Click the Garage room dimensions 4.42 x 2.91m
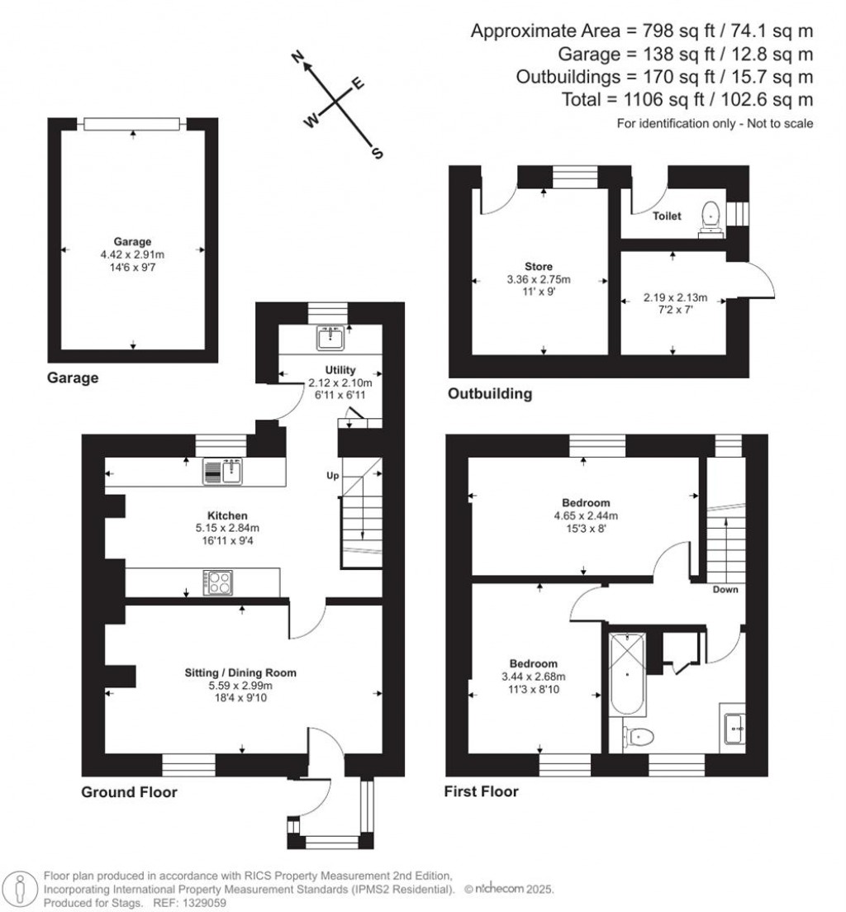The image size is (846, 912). tap(132, 254)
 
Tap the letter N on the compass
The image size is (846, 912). tap(298, 56)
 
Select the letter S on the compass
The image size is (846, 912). tap(377, 154)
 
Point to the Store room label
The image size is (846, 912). tap(538, 266)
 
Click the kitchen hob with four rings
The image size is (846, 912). tap(217, 582)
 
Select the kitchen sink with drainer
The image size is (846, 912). tap(222, 471)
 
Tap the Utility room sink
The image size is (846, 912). tap(330, 337)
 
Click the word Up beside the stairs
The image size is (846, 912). tap(332, 475)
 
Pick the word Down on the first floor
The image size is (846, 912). tap(725, 589)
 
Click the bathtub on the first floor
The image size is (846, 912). tap(627, 674)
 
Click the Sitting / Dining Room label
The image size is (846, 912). tap(240, 672)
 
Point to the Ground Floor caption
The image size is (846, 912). tap(129, 791)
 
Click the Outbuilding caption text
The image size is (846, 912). tap(490, 394)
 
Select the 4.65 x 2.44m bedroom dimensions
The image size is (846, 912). tap(586, 515)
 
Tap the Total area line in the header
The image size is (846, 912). tap(687, 99)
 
